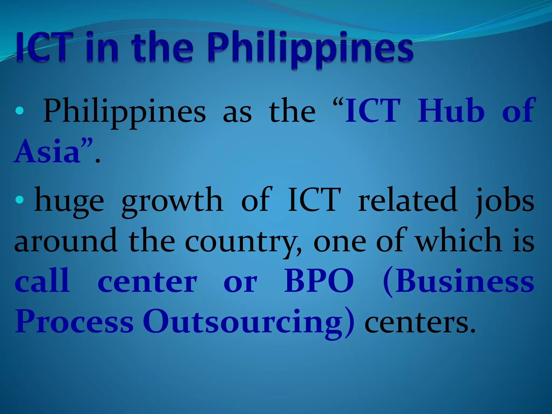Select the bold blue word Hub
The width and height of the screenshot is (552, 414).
click(x=451, y=111)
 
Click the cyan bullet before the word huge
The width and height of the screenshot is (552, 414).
click(x=20, y=200)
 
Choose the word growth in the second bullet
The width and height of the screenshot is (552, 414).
click(x=172, y=201)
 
